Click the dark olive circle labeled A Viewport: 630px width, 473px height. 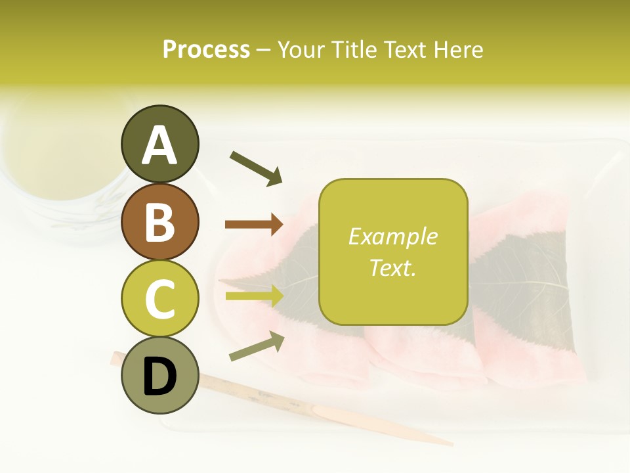159,144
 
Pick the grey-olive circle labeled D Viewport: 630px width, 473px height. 159,375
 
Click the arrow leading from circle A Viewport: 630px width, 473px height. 256,168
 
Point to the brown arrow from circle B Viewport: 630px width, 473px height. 254,225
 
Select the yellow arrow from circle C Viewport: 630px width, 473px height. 254,296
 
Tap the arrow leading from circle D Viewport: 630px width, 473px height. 257,347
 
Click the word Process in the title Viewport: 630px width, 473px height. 206,50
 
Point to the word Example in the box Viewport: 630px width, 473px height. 392,236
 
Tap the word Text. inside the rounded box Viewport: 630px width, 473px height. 392,267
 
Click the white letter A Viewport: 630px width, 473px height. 159,145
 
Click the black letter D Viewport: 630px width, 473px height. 159,377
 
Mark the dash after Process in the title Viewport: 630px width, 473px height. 264,51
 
